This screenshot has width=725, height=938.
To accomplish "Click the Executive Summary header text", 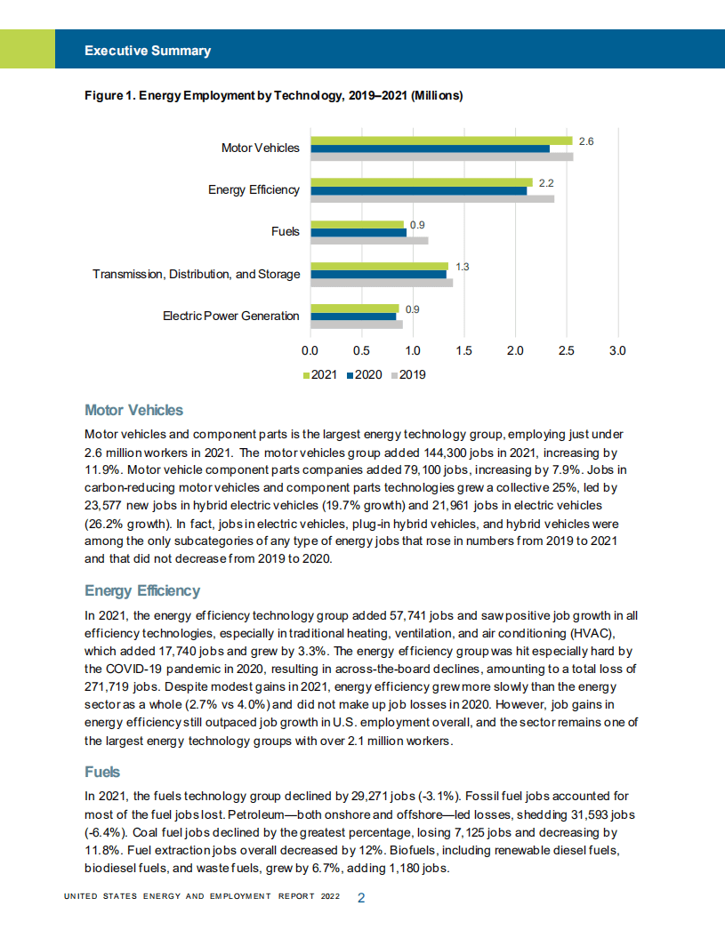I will (x=148, y=51).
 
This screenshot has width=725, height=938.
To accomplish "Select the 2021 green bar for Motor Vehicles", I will (x=440, y=140).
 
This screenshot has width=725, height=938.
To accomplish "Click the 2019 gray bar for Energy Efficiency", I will (x=431, y=198).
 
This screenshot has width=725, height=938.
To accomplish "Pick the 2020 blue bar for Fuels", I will (x=358, y=232).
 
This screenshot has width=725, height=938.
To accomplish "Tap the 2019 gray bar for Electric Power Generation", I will (x=356, y=325).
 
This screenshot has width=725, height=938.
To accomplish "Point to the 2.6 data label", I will (x=585, y=140).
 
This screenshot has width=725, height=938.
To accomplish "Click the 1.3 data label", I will (x=462, y=266).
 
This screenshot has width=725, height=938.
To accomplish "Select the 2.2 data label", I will (x=546, y=182).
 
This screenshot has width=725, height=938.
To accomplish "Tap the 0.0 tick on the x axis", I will (x=310, y=351).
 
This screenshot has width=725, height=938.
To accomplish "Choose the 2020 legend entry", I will (x=364, y=375).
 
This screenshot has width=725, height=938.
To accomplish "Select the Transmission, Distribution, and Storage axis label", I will (x=196, y=274).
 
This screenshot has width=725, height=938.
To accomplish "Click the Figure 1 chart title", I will (x=273, y=95).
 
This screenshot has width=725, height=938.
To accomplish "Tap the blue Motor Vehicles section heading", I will (x=133, y=410).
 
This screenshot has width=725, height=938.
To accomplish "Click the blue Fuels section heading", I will (x=102, y=772).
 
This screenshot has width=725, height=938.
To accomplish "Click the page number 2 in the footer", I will (x=361, y=898).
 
